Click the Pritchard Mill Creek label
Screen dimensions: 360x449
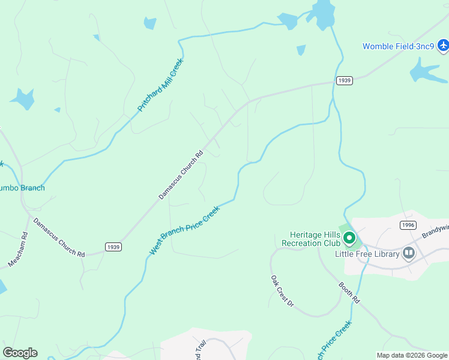[x=160, y=85]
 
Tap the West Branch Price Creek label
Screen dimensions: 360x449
[x=185, y=230]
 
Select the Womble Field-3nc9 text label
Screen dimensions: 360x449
[x=399, y=46]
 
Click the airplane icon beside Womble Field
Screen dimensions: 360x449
[x=443, y=45]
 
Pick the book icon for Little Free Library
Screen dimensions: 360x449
[x=409, y=253]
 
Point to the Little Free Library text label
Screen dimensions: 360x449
[x=367, y=254]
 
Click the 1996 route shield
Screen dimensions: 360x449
[x=408, y=224]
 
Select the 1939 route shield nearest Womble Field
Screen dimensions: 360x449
[x=344, y=80]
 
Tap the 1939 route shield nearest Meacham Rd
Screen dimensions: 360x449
[x=113, y=247]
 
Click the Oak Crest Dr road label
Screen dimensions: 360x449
[x=282, y=292]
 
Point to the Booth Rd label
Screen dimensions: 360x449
[x=349, y=292]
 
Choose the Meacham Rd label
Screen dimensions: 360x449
[x=19, y=250]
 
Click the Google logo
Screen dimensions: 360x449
[x=20, y=353]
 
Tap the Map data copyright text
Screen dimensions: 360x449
[x=411, y=355]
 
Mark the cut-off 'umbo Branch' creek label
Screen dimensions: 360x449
[x=22, y=188]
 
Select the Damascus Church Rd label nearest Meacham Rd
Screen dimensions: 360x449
[x=59, y=238]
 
